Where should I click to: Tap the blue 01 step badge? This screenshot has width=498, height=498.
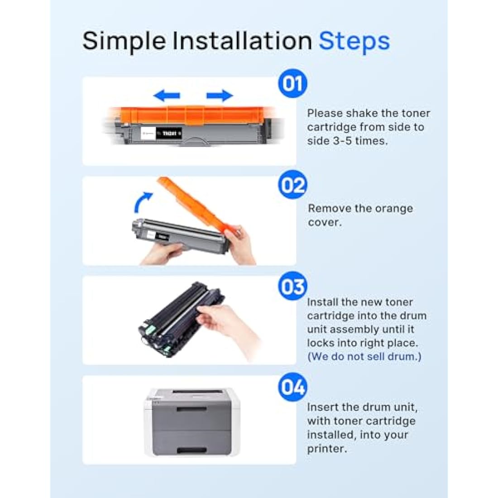click(292, 84)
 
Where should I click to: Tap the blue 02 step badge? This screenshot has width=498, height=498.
click(292, 185)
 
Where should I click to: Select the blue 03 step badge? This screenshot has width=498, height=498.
click(292, 286)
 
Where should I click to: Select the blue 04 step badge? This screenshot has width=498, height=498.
click(292, 387)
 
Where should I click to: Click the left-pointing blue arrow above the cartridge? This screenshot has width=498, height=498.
click(167, 95)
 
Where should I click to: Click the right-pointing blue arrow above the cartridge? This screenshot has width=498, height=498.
click(220, 95)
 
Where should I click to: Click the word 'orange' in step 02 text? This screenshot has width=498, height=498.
click(391, 209)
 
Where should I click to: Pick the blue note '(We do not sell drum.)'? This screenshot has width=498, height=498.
click(364, 356)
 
